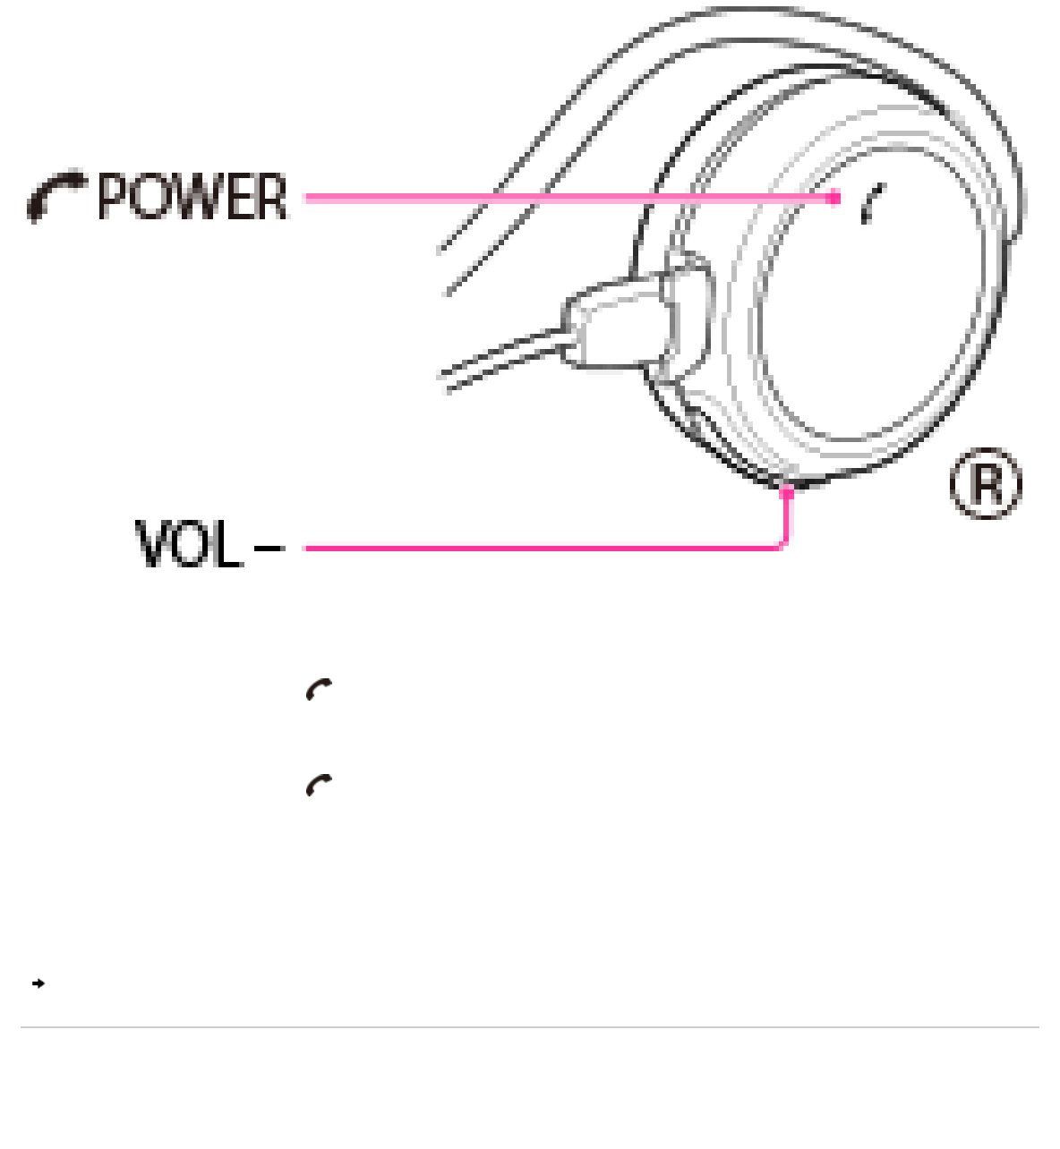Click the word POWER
tap(192, 197)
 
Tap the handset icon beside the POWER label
tap(56, 196)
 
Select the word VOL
tap(189, 544)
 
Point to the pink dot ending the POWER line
tap(834, 198)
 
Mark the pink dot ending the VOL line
tap(787, 492)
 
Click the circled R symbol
tap(985, 484)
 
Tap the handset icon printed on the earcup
tap(872, 204)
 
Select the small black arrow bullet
tap(38, 983)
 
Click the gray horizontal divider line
tap(530, 1027)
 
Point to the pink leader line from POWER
tap(564, 198)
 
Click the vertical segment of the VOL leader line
tap(787, 519)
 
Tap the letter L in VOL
tap(227, 544)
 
